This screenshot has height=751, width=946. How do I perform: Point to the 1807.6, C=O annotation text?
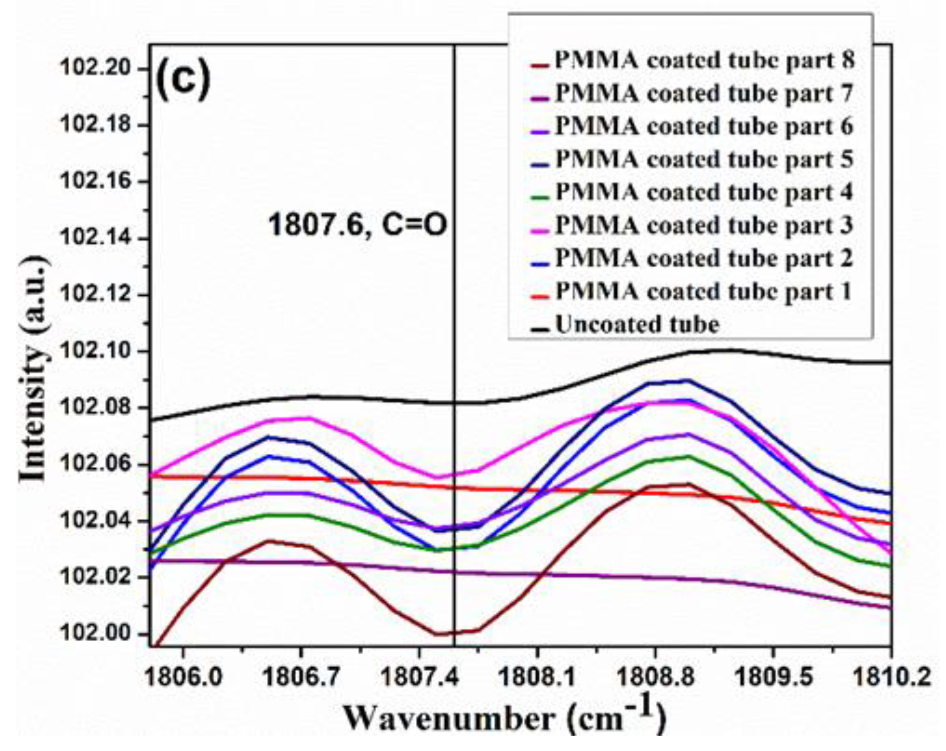pos(357,226)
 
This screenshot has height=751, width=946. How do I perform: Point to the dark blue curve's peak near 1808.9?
pos(684,380)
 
